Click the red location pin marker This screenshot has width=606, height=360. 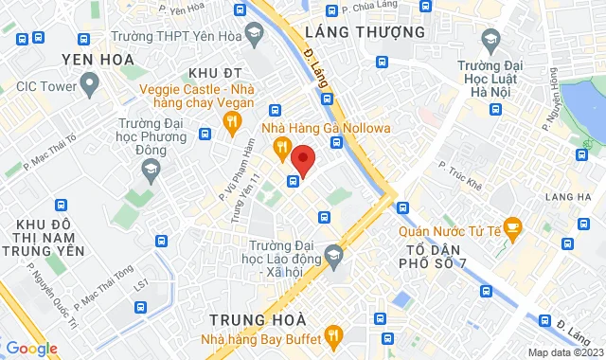(303, 160)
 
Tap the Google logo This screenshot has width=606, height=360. (31, 349)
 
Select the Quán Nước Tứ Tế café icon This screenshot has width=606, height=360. (512, 226)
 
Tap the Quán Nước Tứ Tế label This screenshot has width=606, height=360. (448, 227)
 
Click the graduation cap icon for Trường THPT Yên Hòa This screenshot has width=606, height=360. (254, 36)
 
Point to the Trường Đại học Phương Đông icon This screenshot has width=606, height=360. (151, 169)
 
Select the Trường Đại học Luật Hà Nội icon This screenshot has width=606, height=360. (490, 40)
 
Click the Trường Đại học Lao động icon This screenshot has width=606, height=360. (333, 254)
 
